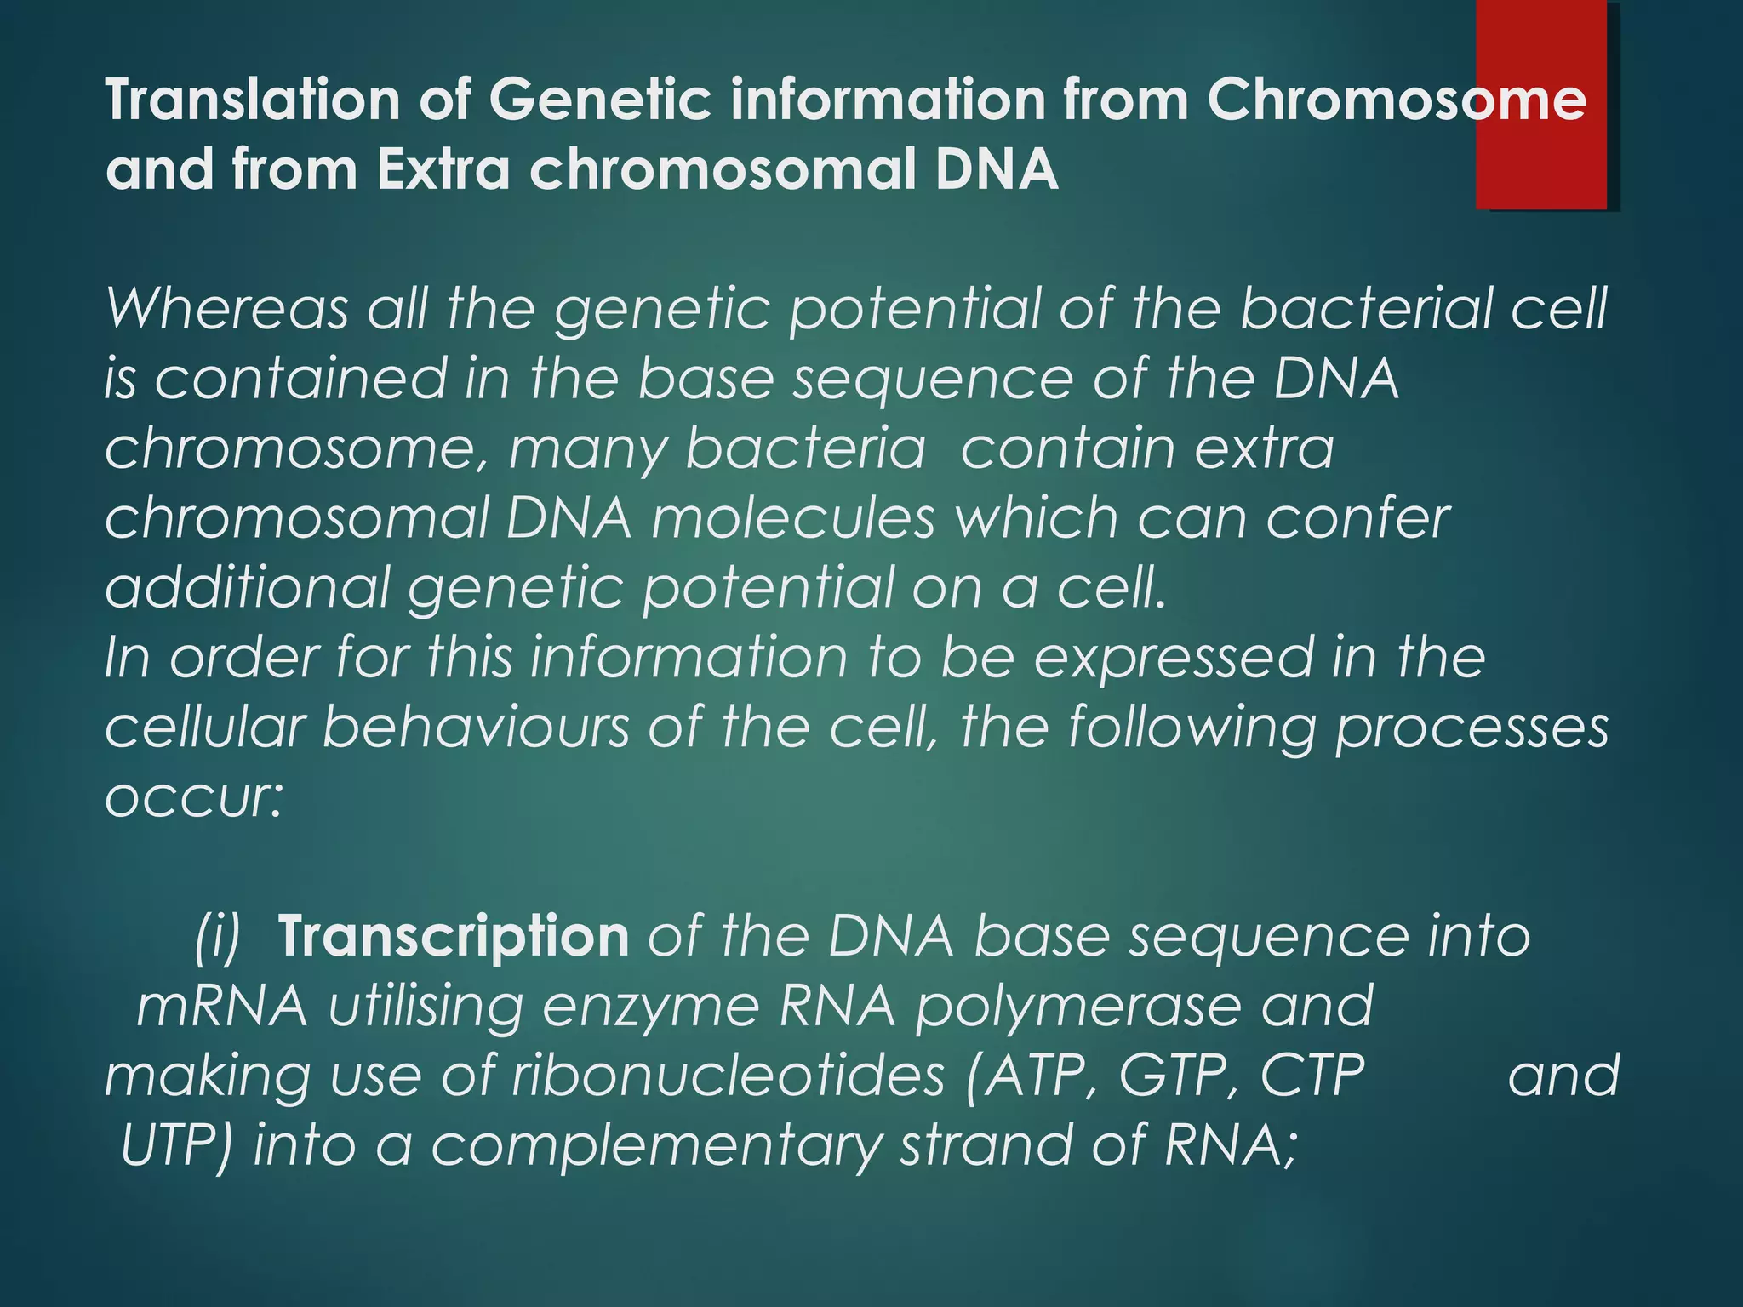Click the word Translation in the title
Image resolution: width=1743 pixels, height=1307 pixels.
252,100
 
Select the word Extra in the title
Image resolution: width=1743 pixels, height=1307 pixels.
443,170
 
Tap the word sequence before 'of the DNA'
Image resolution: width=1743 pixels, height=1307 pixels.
933,379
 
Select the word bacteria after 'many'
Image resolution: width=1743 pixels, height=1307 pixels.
804,448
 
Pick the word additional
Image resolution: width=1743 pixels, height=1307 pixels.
246,588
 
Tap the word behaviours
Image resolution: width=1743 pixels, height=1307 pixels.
476,728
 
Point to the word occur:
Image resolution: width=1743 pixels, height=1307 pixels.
193,797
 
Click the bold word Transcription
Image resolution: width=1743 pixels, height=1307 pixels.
453,937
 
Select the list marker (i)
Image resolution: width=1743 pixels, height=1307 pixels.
217,937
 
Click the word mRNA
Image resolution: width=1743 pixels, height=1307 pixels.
222,1007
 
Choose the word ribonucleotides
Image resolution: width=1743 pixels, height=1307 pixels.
728,1076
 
